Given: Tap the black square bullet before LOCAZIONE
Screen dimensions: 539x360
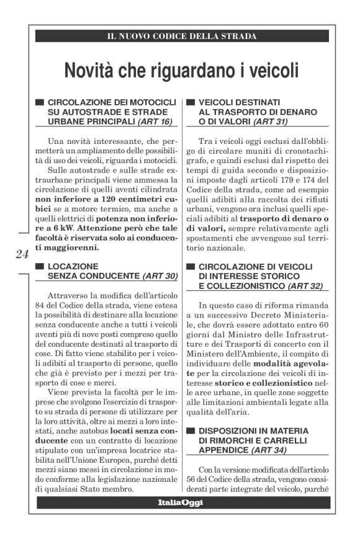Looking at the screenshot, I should point(40,266).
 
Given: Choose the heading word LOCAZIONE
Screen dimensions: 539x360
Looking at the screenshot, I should point(75,266).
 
